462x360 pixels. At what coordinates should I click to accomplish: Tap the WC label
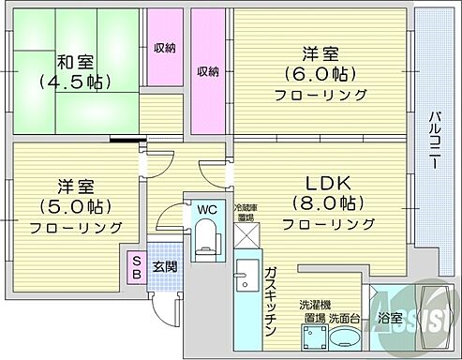click(x=206, y=210)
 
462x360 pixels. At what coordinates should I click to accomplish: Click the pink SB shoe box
click(x=137, y=267)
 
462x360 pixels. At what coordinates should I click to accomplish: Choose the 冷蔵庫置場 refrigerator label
click(x=245, y=213)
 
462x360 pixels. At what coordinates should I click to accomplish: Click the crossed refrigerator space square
click(x=246, y=238)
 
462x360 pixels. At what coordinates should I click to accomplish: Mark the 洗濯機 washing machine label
click(x=314, y=306)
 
